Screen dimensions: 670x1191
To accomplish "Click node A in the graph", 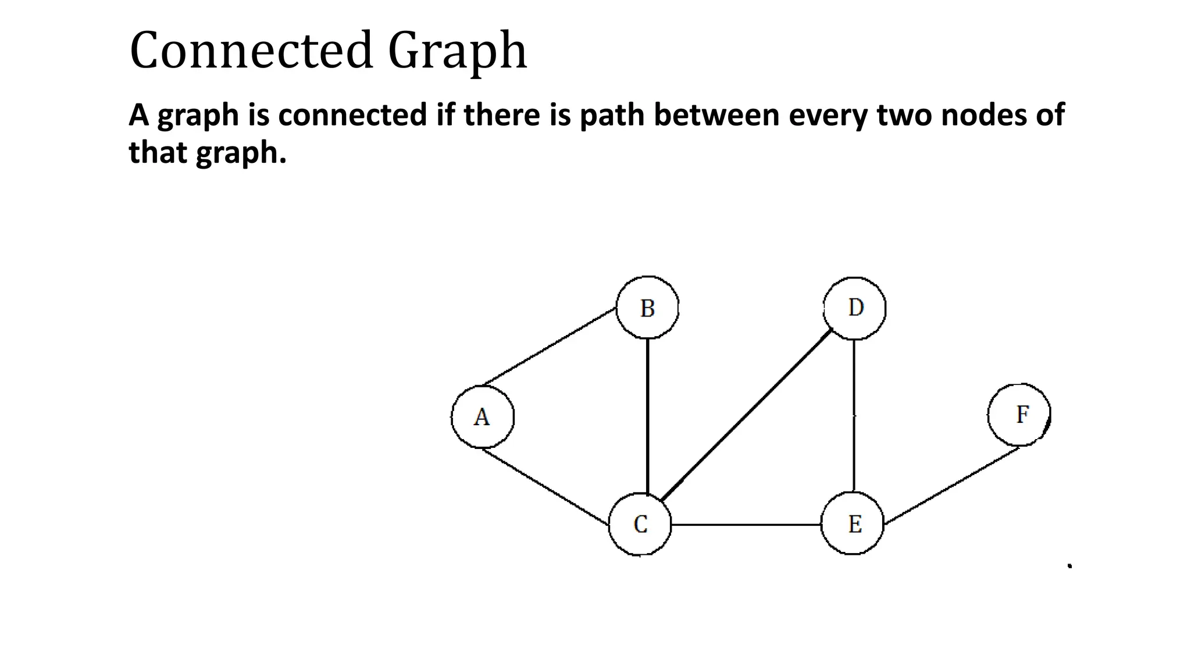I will pos(482,416).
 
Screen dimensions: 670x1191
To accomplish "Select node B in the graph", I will pos(647,307).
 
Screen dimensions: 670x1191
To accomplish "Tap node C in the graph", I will pos(640,524).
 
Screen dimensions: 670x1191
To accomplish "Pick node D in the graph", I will pos(855,308).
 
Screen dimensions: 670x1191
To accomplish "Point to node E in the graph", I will pos(853,523).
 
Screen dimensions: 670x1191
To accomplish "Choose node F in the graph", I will pos(1019,415).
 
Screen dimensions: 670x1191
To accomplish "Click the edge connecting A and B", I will pos(550,347).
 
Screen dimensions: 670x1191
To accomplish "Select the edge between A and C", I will pos(545,486).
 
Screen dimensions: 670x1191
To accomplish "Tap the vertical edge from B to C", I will pos(647,416).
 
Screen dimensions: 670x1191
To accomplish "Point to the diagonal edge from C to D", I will pos(747,414).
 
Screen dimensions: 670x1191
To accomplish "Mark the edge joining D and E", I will pos(854,415).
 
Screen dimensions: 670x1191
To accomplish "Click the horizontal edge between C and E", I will pos(746,525).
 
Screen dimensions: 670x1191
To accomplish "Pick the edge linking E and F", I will pos(951,485).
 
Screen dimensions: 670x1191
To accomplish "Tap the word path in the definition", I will pos(612,115).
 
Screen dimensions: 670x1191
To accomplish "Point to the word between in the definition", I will pos(717,115).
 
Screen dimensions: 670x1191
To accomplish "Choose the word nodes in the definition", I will pos(982,115).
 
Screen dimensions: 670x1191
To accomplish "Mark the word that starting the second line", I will pos(158,152).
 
